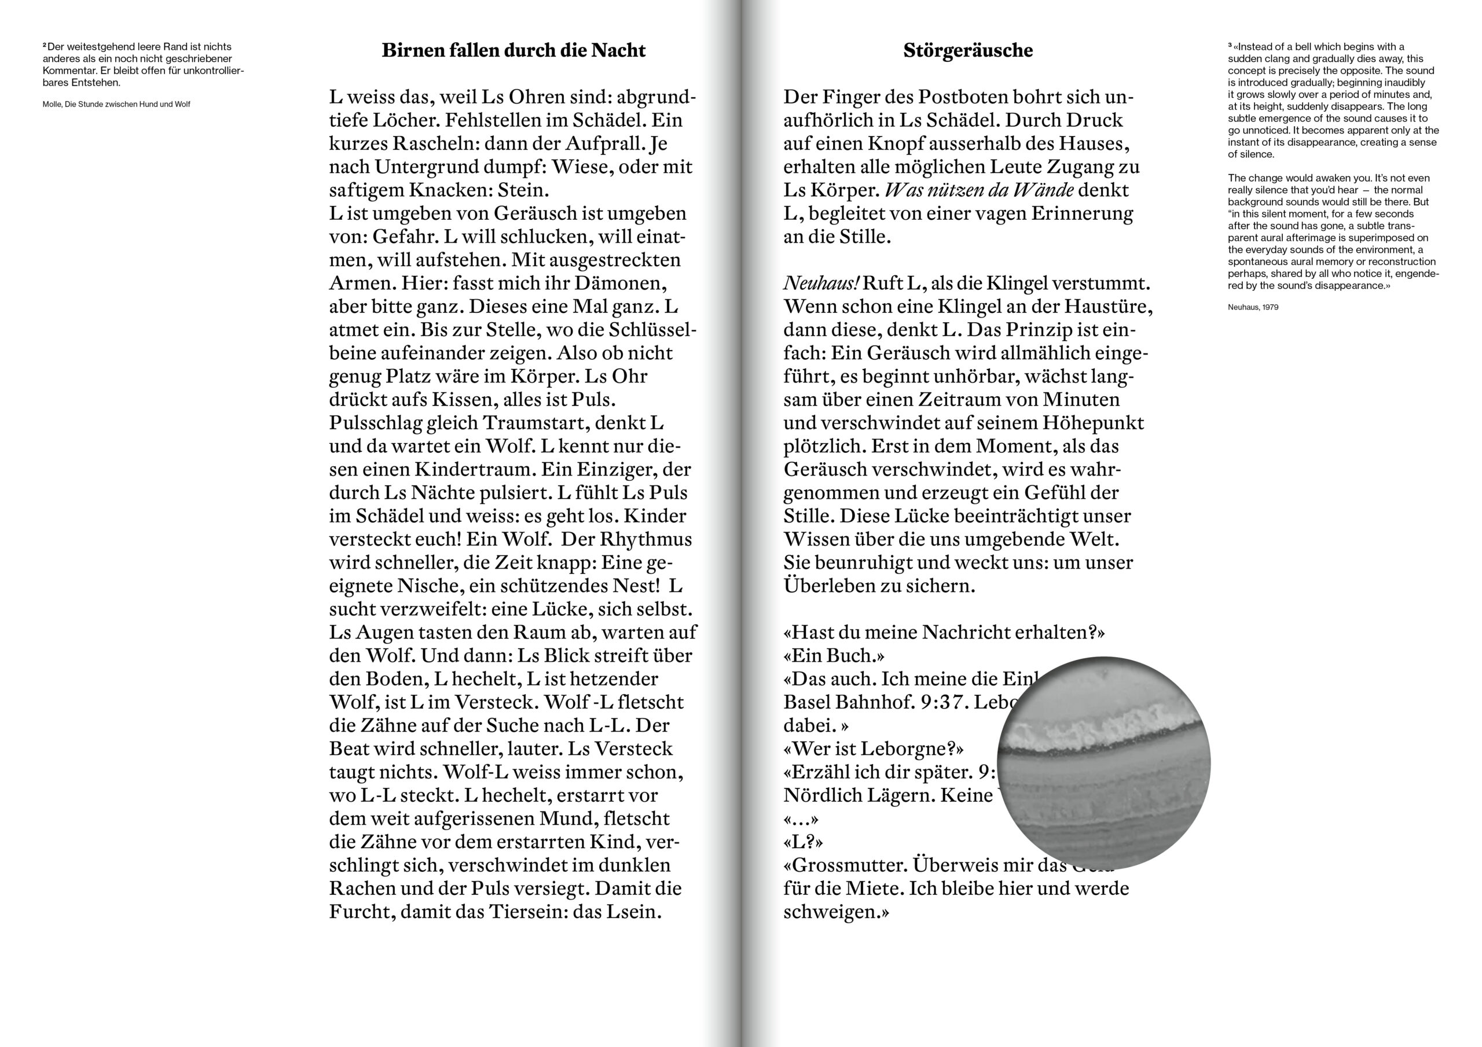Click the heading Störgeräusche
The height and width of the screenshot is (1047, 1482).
967,50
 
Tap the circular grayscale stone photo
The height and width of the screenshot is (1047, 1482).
1103,763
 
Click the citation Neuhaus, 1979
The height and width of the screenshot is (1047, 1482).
1253,308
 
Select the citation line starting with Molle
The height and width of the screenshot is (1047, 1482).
116,105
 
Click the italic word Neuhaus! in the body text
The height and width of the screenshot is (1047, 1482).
821,283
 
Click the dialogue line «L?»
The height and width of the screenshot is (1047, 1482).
803,842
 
